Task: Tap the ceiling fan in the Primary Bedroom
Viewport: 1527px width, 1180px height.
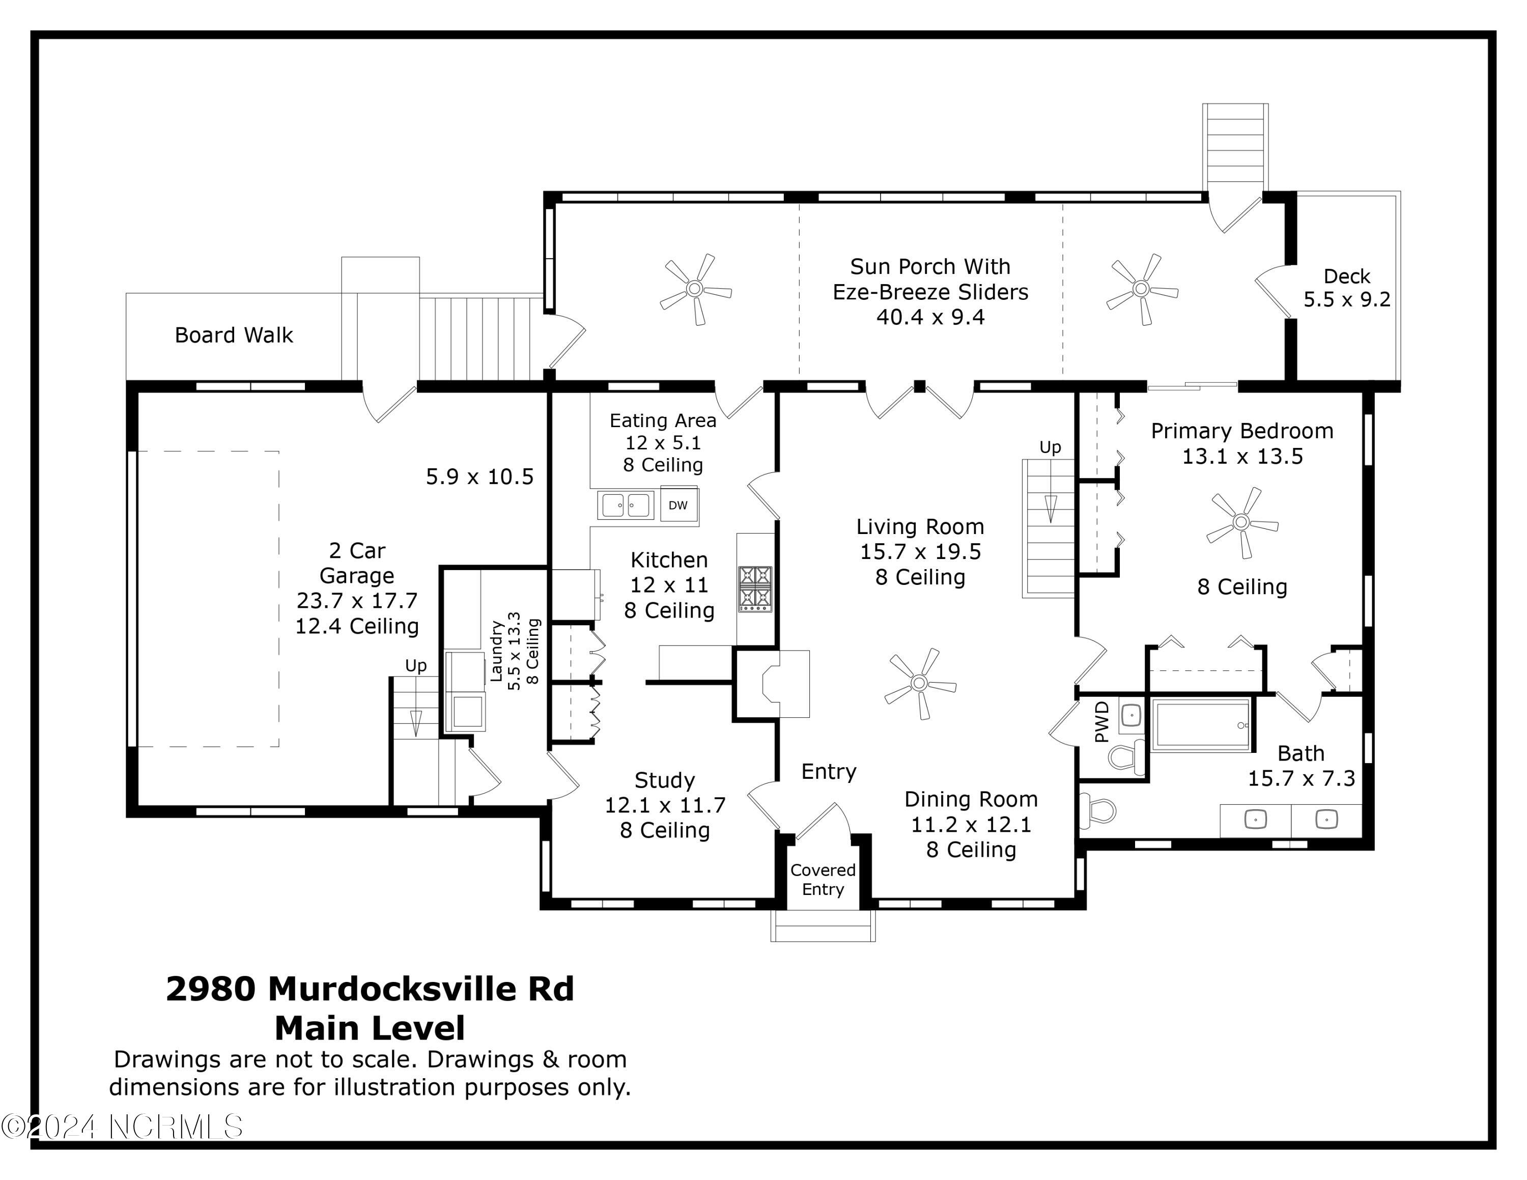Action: (x=1242, y=522)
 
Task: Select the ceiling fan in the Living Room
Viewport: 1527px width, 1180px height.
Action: (x=919, y=683)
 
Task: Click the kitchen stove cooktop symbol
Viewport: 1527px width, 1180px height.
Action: (x=755, y=588)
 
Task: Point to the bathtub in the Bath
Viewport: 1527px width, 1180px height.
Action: (x=1201, y=724)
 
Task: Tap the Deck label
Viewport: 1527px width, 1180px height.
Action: (x=1347, y=277)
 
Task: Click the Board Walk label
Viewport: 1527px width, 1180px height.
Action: (x=234, y=335)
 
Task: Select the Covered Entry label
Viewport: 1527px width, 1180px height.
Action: (x=823, y=880)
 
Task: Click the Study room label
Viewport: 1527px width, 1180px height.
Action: (x=664, y=780)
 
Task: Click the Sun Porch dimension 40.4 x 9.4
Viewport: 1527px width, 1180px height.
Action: (x=930, y=317)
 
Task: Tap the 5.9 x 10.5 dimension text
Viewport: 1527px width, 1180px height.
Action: (x=479, y=477)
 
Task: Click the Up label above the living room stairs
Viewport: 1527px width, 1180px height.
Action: (x=1050, y=447)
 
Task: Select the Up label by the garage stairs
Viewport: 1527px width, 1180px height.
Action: (x=416, y=665)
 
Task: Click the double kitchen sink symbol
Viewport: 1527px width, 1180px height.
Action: (x=626, y=504)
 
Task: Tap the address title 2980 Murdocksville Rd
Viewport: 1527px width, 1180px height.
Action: (x=370, y=989)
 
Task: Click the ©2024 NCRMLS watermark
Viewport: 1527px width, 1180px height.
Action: (x=122, y=1127)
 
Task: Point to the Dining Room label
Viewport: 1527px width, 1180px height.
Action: (x=971, y=799)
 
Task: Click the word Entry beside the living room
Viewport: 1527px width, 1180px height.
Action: (x=829, y=772)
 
